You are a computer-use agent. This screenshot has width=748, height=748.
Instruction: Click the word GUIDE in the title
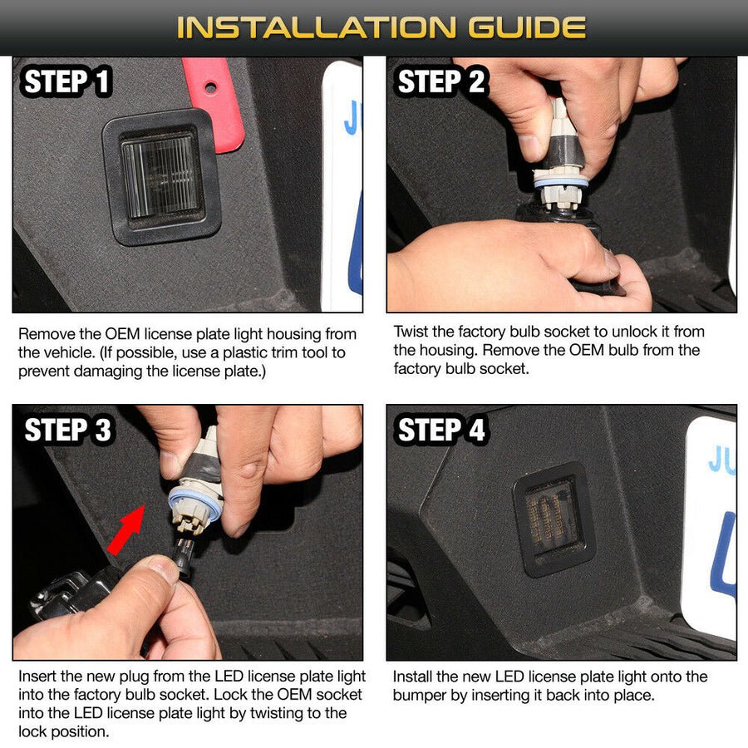[527, 27]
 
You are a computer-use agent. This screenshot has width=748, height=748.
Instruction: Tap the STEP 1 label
[66, 81]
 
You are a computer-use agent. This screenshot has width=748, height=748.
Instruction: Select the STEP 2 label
[440, 81]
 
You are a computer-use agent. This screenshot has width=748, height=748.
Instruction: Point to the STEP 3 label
[67, 430]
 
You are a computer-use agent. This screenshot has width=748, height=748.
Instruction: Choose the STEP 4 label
[440, 430]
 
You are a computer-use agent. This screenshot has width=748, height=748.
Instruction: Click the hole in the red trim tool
[210, 87]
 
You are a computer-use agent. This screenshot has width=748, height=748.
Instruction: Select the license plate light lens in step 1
[160, 175]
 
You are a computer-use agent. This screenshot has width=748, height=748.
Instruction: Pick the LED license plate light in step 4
[554, 519]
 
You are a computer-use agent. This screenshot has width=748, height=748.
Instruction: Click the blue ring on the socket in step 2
[561, 183]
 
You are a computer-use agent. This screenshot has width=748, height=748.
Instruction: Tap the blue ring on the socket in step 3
[194, 504]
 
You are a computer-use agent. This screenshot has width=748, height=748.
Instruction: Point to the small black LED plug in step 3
[184, 556]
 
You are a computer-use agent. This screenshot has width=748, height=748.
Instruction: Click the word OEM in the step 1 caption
[123, 334]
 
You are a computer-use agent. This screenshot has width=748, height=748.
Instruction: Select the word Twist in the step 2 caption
[412, 331]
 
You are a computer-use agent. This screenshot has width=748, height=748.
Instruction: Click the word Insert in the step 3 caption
[37, 676]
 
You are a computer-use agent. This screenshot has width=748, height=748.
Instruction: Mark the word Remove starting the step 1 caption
[46, 334]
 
